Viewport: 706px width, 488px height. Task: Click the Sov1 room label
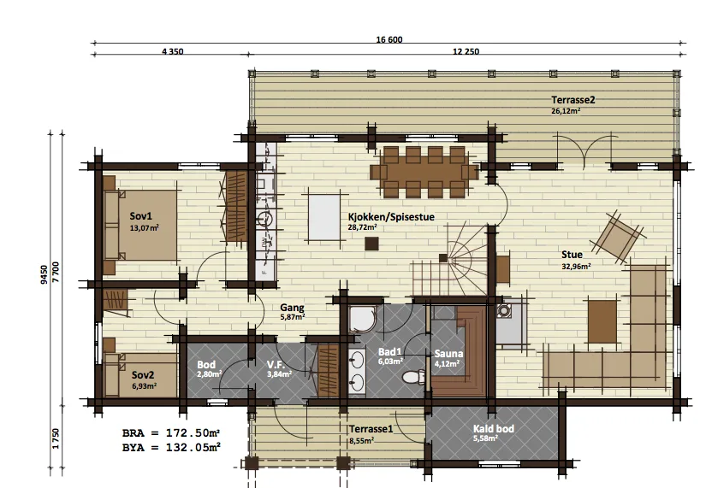(x=141, y=216)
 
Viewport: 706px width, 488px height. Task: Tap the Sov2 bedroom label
(x=143, y=375)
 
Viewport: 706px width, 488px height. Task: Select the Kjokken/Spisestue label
(x=391, y=217)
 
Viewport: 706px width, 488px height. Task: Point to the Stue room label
(x=572, y=255)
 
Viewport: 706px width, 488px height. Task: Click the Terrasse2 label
(x=573, y=100)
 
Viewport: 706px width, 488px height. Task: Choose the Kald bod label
(x=494, y=429)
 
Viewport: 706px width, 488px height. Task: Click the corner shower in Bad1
(x=361, y=320)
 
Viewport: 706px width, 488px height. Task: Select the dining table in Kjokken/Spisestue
(x=424, y=173)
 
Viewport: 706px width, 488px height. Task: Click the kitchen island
(x=323, y=217)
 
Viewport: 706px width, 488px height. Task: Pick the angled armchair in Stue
(x=618, y=237)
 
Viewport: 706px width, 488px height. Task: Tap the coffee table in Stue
(x=602, y=321)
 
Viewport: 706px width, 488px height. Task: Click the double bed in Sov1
(x=140, y=225)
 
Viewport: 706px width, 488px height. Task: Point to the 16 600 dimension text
(x=389, y=39)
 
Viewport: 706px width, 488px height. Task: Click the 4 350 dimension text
(x=173, y=51)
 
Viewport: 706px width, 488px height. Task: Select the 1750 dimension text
(x=56, y=438)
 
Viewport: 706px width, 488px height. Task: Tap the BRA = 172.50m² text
(x=171, y=433)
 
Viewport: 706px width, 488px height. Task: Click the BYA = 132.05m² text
(x=171, y=448)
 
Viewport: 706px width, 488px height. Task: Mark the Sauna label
(x=448, y=354)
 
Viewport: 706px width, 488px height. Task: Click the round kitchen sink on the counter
(x=266, y=219)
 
